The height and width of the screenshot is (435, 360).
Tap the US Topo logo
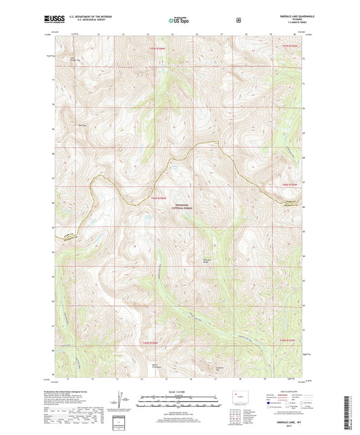tap(178, 21)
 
